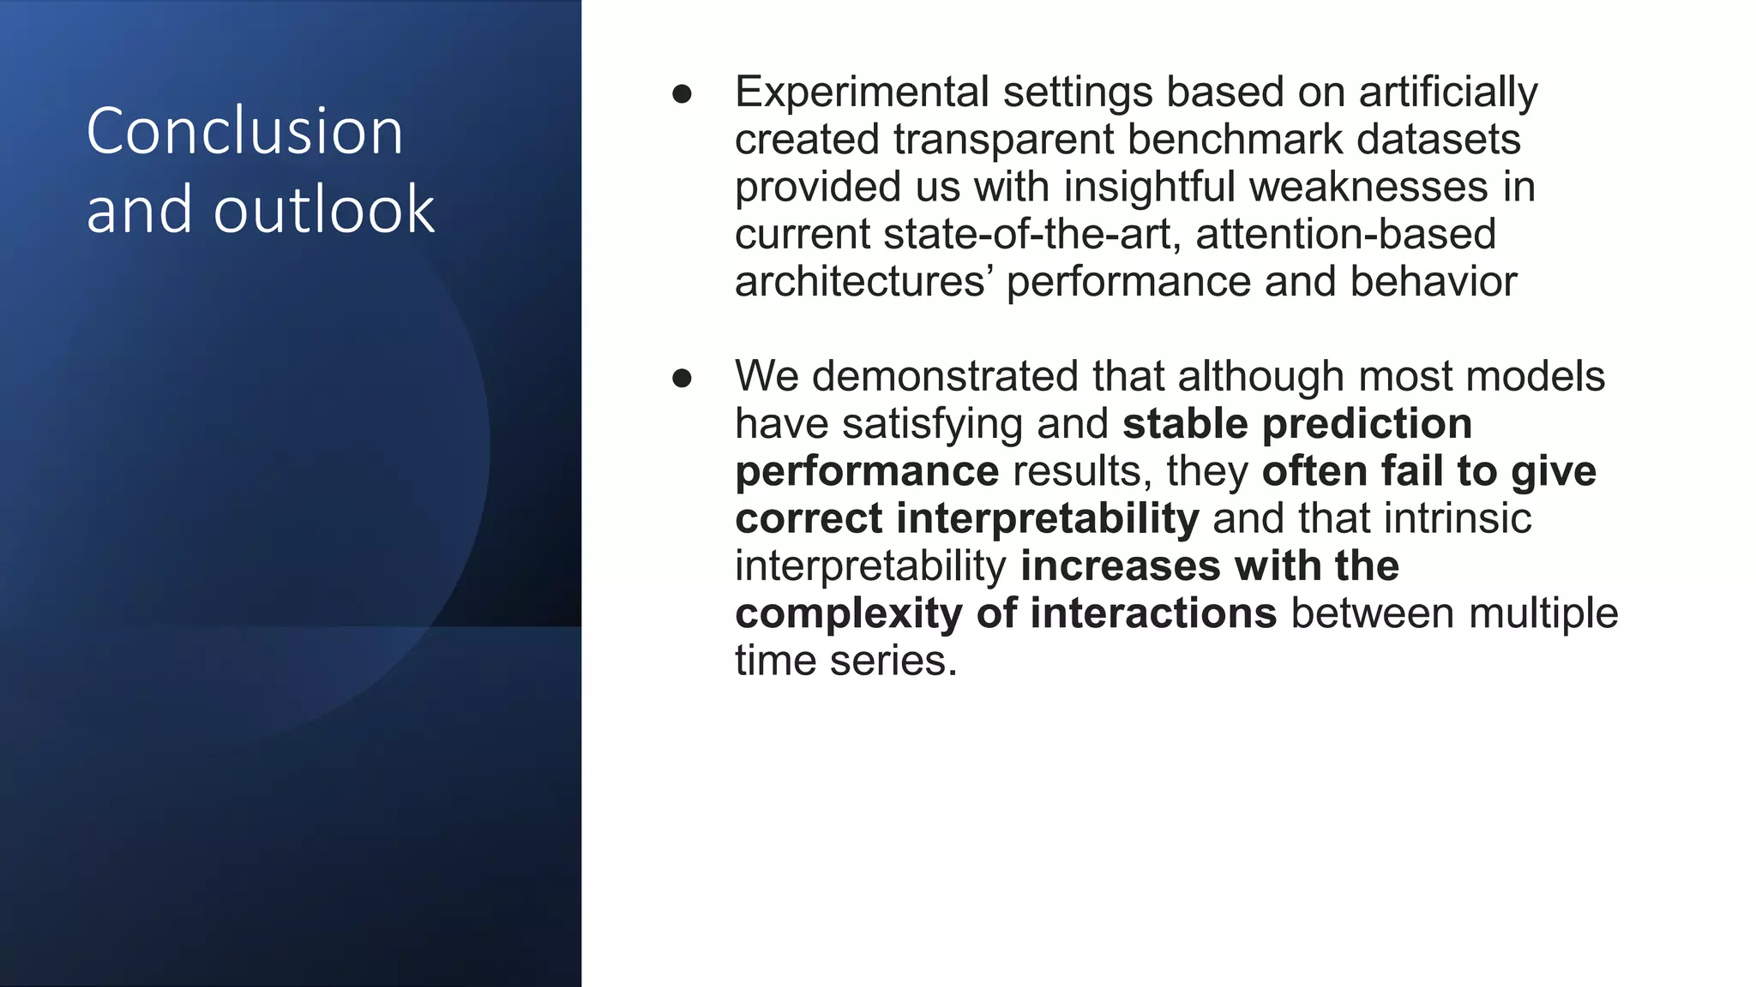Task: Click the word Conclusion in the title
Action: pos(244,131)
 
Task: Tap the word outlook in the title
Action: pos(324,210)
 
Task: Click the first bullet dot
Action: pos(682,93)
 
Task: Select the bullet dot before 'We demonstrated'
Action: pos(682,378)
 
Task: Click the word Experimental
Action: pos(862,93)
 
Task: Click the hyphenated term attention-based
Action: pos(1345,235)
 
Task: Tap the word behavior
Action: pos(1433,282)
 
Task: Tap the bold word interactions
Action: pos(1153,614)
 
